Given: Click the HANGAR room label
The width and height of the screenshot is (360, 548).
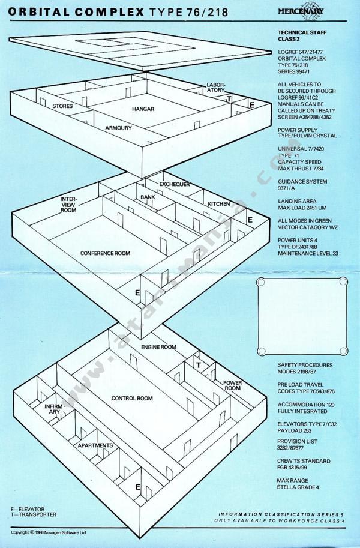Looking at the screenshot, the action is point(143,109).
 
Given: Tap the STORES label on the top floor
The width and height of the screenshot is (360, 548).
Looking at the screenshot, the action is point(62,106).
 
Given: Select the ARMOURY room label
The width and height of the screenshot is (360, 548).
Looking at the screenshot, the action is point(118,128).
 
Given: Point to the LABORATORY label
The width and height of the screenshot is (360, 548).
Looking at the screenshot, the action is point(215,88).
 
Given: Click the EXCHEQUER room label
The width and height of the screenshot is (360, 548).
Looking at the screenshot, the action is point(175,184).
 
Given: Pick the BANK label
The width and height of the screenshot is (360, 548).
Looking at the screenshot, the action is point(148,197).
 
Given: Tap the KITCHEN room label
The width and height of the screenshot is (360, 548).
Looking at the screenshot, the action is point(219,204).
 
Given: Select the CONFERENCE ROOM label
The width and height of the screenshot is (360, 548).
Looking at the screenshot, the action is point(105,253).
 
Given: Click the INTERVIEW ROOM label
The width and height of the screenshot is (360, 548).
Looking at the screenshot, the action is point(68,205).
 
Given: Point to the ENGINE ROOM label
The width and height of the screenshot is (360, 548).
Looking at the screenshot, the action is point(158,347).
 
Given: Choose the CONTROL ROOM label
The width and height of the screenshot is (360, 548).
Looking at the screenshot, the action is point(132,398).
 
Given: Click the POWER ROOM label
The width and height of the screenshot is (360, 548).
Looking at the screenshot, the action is point(232,385).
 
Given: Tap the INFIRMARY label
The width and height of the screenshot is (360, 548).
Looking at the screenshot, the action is point(55,409).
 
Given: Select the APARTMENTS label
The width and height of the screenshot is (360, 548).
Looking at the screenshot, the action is point(95,445).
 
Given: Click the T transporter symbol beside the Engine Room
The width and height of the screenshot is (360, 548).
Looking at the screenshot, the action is point(199,365).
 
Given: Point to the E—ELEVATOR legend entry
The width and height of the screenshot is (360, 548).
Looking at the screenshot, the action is point(28,509).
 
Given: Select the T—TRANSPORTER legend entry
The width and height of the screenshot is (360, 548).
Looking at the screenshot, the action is point(33,514).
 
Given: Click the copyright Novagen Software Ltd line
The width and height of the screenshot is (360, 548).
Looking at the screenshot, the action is point(48,532).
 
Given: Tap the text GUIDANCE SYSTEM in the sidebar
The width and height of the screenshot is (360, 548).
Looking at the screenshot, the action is point(302,182).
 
